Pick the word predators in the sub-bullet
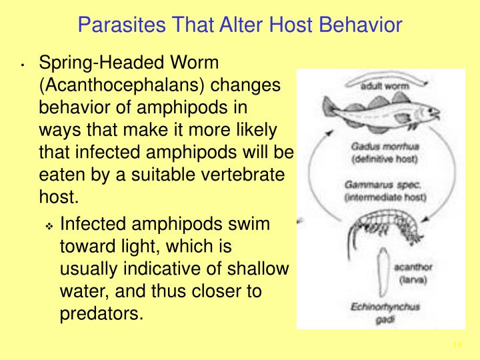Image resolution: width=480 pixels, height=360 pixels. pos(101,313)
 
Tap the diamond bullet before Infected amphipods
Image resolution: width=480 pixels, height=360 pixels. pos(50,227)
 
